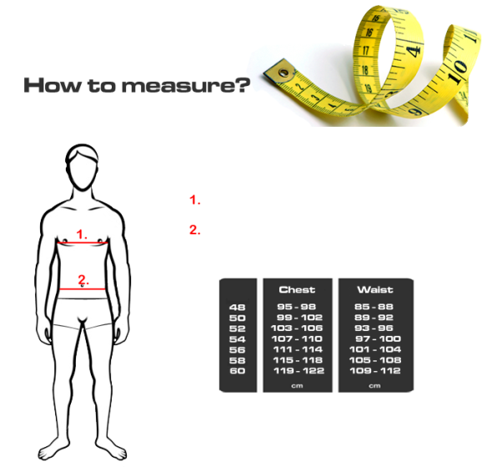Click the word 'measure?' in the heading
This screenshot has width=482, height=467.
tap(186, 86)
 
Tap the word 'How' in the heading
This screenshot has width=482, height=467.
tap(51, 85)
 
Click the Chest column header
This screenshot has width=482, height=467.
tap(297, 289)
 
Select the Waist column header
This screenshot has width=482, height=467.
tap(375, 289)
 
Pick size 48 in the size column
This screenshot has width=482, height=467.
tap(238, 307)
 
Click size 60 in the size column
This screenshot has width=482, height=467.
tap(238, 371)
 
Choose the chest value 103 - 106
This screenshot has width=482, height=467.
tap(297, 329)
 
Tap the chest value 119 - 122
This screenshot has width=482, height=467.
tap(299, 371)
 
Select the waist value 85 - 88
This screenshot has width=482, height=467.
tap(374, 307)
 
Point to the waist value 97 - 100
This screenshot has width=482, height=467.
tap(378, 339)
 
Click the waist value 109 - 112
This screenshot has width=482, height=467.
tap(375, 371)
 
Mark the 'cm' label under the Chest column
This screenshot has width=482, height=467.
tap(297, 386)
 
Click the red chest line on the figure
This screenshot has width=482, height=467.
tap(83, 243)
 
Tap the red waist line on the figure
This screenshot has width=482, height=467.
tap(83, 289)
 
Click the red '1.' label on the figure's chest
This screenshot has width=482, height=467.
tap(82, 234)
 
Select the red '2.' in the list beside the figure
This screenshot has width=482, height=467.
tap(194, 230)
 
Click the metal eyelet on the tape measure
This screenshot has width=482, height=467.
tap(284, 73)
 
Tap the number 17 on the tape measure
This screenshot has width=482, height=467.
tap(365, 49)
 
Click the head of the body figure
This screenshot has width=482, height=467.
tap(82, 168)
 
